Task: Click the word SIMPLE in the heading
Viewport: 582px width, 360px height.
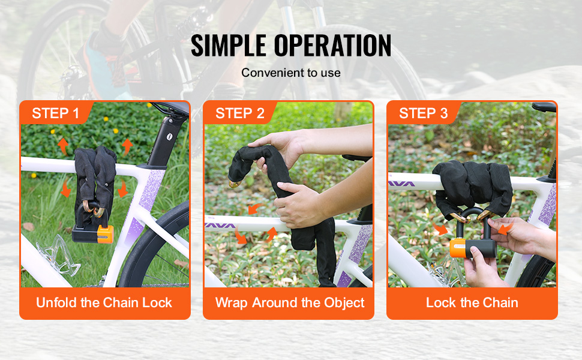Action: pyautogui.click(x=228, y=45)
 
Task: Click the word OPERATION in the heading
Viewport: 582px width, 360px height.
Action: pyautogui.click(x=332, y=45)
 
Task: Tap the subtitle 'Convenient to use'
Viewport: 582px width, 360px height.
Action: pyautogui.click(x=291, y=73)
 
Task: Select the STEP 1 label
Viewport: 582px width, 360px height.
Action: pyautogui.click(x=56, y=113)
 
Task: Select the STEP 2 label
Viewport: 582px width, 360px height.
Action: pyautogui.click(x=240, y=113)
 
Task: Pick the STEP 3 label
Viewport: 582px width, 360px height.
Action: pyautogui.click(x=424, y=113)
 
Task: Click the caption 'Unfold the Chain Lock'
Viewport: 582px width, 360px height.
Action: pyautogui.click(x=104, y=302)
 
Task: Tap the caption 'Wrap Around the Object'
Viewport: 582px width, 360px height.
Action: pyautogui.click(x=290, y=303)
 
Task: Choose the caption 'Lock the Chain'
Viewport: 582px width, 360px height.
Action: pyautogui.click(x=472, y=302)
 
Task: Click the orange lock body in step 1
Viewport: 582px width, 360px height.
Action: pyautogui.click(x=105, y=235)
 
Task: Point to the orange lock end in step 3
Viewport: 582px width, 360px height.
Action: pyautogui.click(x=457, y=248)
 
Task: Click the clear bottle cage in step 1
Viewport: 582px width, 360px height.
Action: pyautogui.click(x=59, y=256)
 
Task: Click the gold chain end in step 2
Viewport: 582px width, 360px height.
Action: pyautogui.click(x=235, y=184)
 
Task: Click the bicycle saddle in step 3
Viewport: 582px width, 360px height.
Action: pyautogui.click(x=544, y=107)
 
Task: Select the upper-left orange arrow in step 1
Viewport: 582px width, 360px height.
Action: pyautogui.click(x=63, y=146)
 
